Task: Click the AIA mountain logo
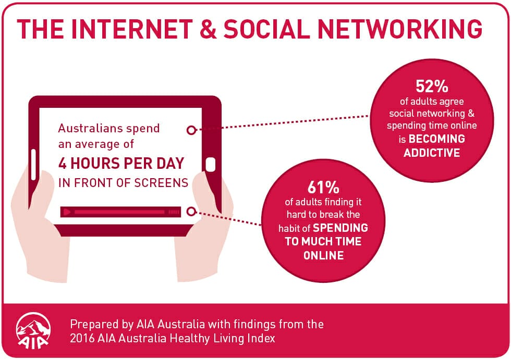coord(33,331)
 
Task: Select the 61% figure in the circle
coord(323,187)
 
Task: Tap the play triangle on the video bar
coord(67,212)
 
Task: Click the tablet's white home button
coord(211,165)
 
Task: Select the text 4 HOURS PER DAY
coord(121,164)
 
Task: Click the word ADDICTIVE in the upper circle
coord(432,153)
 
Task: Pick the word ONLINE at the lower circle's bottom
coord(324,255)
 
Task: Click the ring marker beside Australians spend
coord(191,130)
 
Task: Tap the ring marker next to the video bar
coord(191,212)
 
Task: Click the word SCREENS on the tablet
coord(161,183)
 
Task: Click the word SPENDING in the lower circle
coord(340,228)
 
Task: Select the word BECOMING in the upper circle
coord(437,139)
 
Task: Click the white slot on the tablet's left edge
coord(33,165)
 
